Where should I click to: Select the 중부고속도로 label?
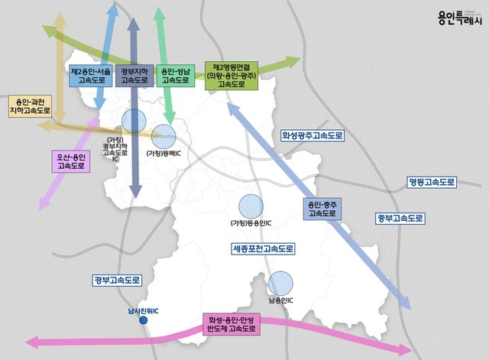399,218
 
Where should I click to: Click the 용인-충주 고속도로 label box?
321,209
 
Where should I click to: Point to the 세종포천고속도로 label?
263,249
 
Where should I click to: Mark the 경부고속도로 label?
117,281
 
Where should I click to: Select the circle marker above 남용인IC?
280,283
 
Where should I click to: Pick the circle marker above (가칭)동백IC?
163,137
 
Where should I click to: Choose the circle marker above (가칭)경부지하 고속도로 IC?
134,120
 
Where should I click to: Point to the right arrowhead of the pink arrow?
405,350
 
